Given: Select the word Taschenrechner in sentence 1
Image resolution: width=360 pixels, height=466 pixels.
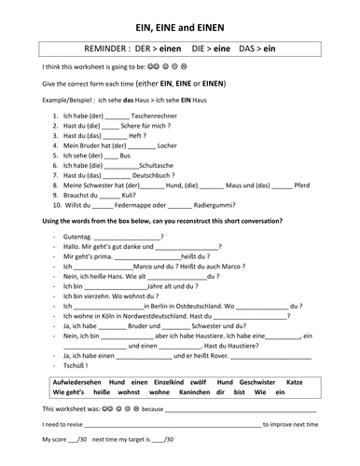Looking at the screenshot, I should point(158,115).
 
